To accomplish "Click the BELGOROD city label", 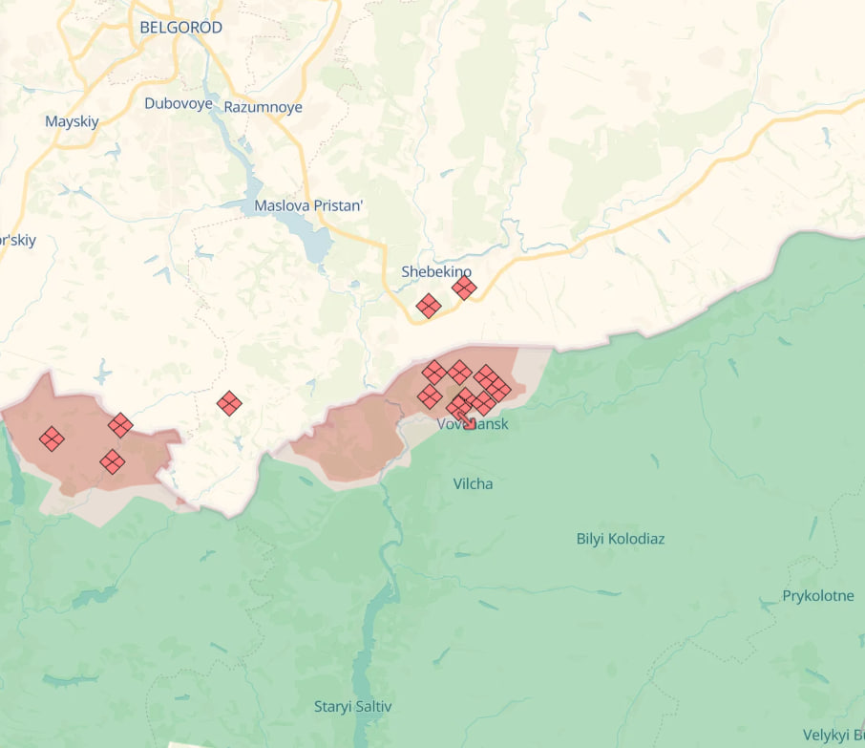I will pyautogui.click(x=180, y=28).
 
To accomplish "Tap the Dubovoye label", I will pyautogui.click(x=179, y=103).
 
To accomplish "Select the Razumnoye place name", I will pyautogui.click(x=263, y=107).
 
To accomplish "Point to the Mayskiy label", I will pyautogui.click(x=72, y=121).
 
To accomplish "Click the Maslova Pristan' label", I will pyautogui.click(x=308, y=205).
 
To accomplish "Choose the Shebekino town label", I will pyautogui.click(x=436, y=271).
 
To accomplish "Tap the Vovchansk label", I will pyautogui.click(x=473, y=423).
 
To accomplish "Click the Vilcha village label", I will pyautogui.click(x=473, y=483).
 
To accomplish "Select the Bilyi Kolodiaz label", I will pyautogui.click(x=621, y=539).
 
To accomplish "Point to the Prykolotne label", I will pyautogui.click(x=818, y=596).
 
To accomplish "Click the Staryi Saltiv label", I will pyautogui.click(x=353, y=707).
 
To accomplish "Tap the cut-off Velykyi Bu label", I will pyautogui.click(x=833, y=735).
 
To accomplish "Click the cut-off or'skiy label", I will pyautogui.click(x=18, y=240).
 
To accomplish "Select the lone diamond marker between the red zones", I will pyautogui.click(x=229, y=403).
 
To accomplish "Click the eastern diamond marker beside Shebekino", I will pyautogui.click(x=464, y=288).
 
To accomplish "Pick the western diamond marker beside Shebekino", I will pyautogui.click(x=429, y=307).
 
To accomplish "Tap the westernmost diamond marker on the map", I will pyautogui.click(x=52, y=438).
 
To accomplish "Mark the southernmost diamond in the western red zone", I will pyautogui.click(x=112, y=462).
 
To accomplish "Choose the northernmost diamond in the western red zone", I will pyautogui.click(x=120, y=425).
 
